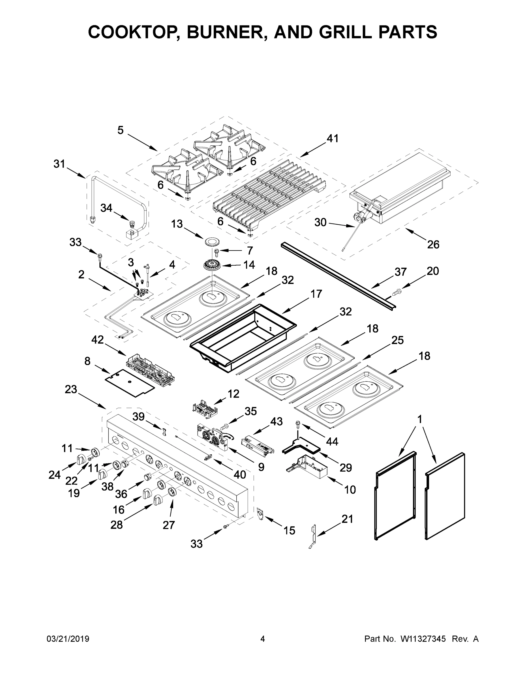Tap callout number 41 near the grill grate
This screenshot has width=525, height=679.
click(x=332, y=138)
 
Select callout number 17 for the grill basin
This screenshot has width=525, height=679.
click(x=316, y=294)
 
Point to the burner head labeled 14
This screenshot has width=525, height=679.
click(x=212, y=265)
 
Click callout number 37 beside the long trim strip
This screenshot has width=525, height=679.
click(x=400, y=272)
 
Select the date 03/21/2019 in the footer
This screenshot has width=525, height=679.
click(x=68, y=639)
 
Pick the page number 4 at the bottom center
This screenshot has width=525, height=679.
click(x=263, y=639)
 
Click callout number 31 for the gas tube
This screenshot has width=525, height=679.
click(x=59, y=164)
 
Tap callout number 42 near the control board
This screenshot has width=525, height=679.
click(x=97, y=340)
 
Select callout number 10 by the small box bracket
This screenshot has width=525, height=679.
click(x=350, y=490)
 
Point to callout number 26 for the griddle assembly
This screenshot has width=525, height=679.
click(x=433, y=245)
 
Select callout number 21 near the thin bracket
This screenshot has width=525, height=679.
click(x=348, y=519)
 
